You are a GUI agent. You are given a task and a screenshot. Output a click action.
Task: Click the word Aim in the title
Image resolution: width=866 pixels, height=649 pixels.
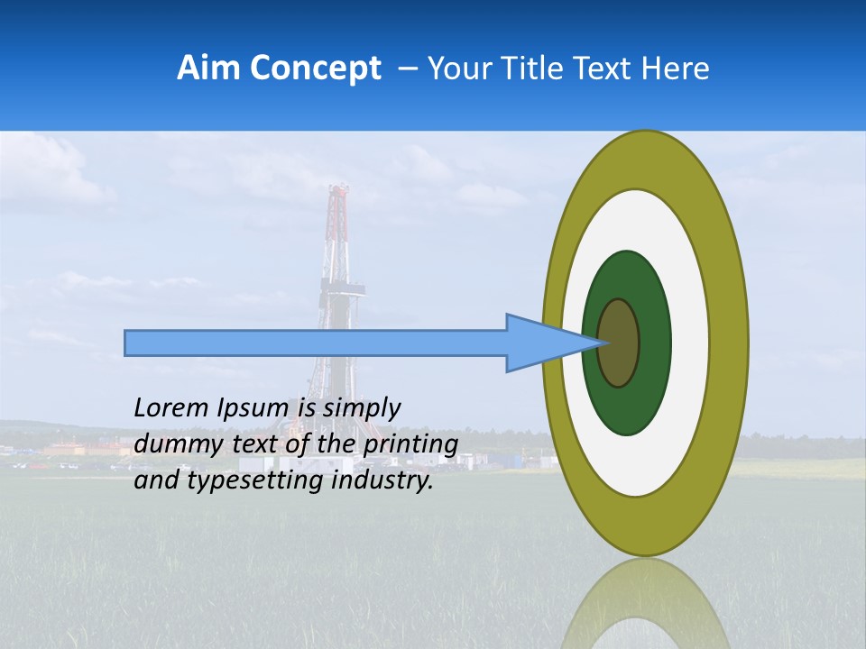pos(204,69)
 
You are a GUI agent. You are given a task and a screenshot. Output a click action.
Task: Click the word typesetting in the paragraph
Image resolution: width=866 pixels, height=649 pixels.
pos(252,481)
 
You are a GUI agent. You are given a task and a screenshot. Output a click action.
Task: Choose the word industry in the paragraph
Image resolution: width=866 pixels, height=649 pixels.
pos(382,480)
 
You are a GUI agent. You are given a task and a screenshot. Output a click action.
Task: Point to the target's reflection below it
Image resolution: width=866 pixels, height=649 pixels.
pos(644,608)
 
